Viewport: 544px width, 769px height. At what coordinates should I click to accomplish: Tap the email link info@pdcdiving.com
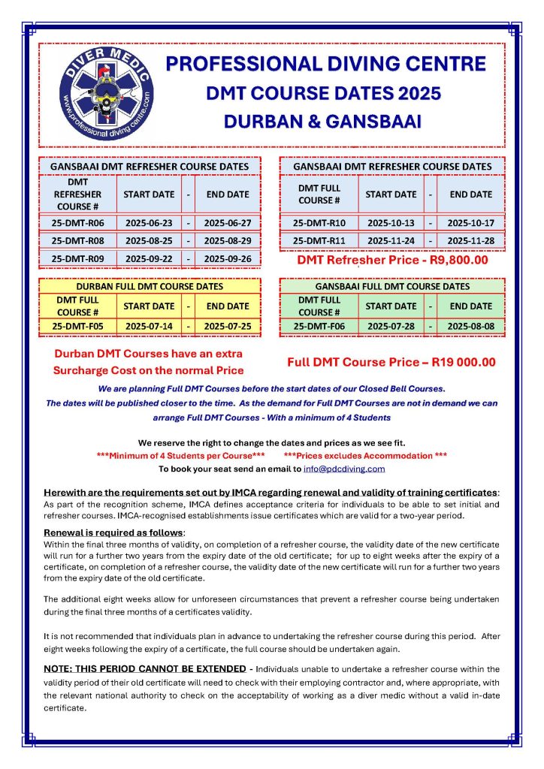[344, 469]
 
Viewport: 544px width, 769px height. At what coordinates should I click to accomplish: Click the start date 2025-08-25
[149, 241]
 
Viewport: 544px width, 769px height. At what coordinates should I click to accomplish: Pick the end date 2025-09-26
[228, 258]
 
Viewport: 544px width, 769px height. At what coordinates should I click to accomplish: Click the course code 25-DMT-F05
[77, 327]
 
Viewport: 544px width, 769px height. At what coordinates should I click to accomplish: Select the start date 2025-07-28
[391, 327]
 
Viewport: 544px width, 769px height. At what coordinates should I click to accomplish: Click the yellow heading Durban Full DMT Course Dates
[150, 286]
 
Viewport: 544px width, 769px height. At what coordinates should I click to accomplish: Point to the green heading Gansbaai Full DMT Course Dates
[392, 286]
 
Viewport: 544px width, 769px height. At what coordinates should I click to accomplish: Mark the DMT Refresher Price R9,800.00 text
[392, 261]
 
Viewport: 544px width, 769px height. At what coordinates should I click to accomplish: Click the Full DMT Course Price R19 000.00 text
[391, 362]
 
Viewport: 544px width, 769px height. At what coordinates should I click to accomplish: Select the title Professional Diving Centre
[326, 63]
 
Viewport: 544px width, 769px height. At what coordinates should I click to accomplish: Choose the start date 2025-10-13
[391, 223]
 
